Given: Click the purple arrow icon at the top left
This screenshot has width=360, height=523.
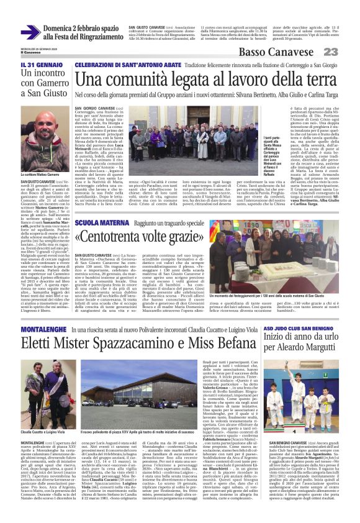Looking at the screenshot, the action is [30, 32].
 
